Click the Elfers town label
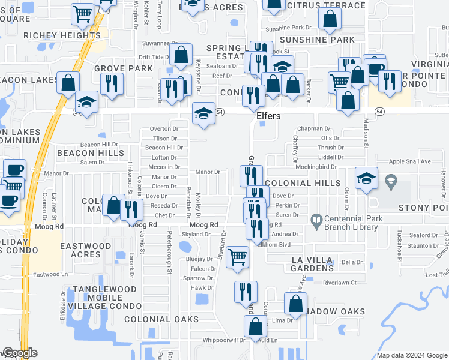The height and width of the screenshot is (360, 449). pyautogui.click(x=268, y=116)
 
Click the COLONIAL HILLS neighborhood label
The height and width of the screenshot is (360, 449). pyautogui.click(x=303, y=183)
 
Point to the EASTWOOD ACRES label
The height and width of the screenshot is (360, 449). pyautogui.click(x=85, y=250)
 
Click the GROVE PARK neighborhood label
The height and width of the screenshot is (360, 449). pyautogui.click(x=124, y=69)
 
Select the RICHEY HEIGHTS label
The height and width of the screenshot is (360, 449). pyautogui.click(x=62, y=35)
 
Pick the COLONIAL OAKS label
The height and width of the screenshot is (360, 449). pyautogui.click(x=161, y=319)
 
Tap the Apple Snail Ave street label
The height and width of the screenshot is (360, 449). pyautogui.click(x=410, y=161)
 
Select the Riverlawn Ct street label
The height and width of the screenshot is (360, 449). pyautogui.click(x=340, y=283)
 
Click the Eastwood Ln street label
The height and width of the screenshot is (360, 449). pyautogui.click(x=50, y=275)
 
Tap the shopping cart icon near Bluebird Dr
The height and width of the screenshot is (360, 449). pyautogui.click(x=238, y=257)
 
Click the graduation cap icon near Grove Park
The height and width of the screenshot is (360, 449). pyautogui.click(x=87, y=101)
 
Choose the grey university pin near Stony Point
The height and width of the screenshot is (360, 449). pyautogui.click(x=390, y=181)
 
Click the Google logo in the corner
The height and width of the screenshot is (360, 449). pyautogui.click(x=19, y=353)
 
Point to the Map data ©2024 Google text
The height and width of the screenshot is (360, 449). pyautogui.click(x=411, y=356)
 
